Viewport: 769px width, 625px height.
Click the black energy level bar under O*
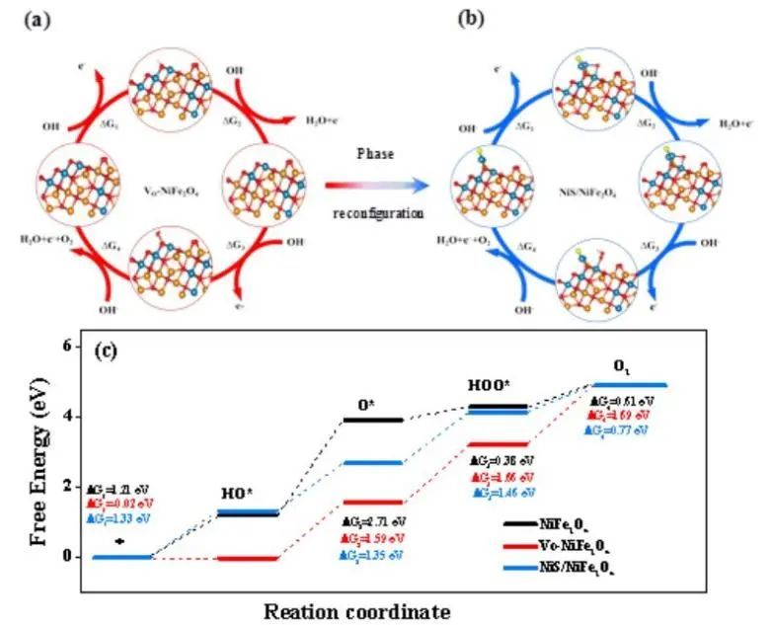[x=370, y=420]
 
